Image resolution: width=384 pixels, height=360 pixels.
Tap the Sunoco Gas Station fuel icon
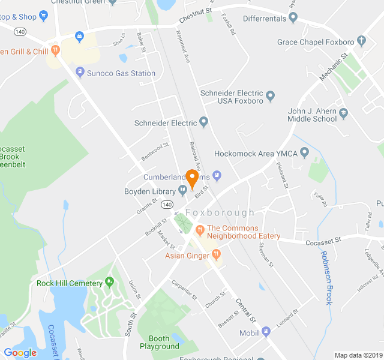click(80, 73)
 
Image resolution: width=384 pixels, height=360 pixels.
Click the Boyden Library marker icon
click(182, 191)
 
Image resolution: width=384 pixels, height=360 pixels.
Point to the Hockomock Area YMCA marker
click(304, 154)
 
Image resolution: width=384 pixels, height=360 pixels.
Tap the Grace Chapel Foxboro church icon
click(361, 41)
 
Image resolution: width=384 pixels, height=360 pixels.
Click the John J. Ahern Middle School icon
click(343, 113)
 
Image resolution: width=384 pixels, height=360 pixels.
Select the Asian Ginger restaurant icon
click(215, 256)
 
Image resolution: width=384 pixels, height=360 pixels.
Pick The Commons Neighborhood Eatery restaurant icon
click(200, 229)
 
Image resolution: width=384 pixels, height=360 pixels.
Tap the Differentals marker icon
click(293, 17)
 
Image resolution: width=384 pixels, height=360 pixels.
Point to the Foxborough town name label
click(220, 213)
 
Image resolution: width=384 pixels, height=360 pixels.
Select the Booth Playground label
click(160, 342)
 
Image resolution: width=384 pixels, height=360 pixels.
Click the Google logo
click(20, 353)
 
